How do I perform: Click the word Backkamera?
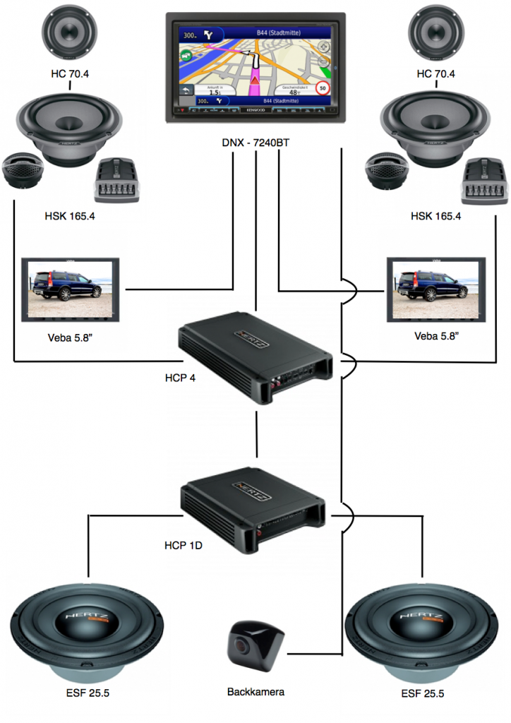[x=255, y=692]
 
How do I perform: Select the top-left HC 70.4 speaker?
[x=70, y=33]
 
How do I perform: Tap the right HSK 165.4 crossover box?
[x=485, y=179]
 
